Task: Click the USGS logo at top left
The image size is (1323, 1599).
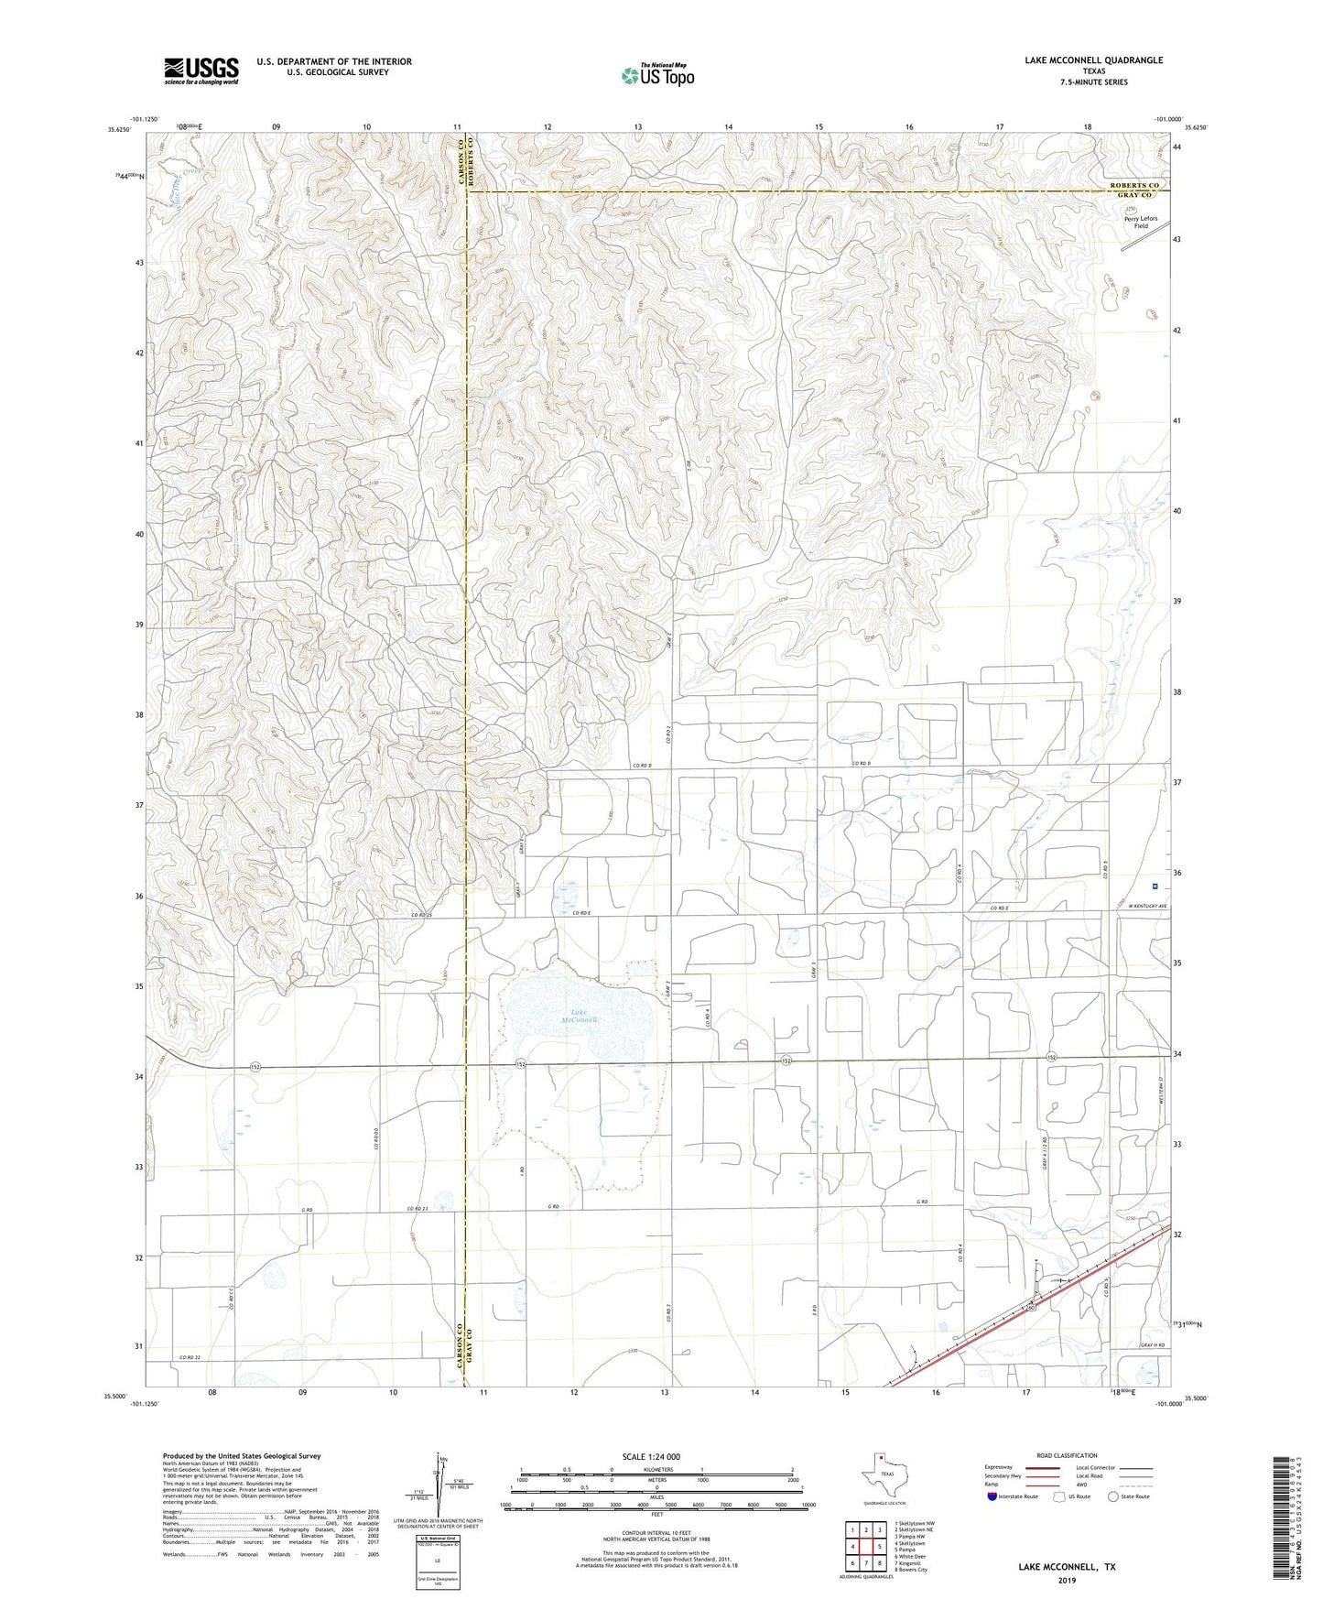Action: pos(201,71)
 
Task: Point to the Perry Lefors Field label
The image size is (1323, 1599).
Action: pos(1141,223)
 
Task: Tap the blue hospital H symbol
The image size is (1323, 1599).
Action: pos(1155,886)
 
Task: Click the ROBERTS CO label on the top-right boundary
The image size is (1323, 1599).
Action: pos(1134,186)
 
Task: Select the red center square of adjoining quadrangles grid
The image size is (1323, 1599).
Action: pos(864,1546)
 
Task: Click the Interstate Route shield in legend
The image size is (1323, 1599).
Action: pos(993,1496)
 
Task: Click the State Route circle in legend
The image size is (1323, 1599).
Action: pos(1113,1496)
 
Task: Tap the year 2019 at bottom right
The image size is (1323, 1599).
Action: pos(1067,1580)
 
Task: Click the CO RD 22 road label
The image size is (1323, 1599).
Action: pos(190,1356)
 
